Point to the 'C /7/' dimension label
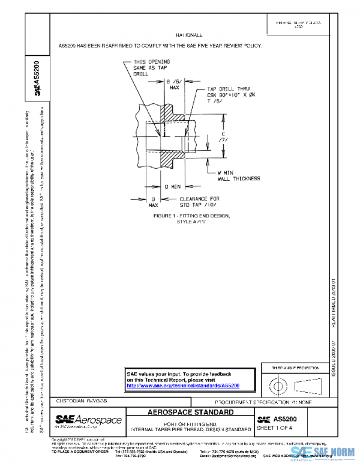click(x=223, y=138)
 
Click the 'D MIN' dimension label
click(x=173, y=187)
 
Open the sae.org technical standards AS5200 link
click(x=183, y=385)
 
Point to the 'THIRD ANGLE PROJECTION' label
click(x=295, y=367)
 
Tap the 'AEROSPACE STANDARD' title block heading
click(x=190, y=413)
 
